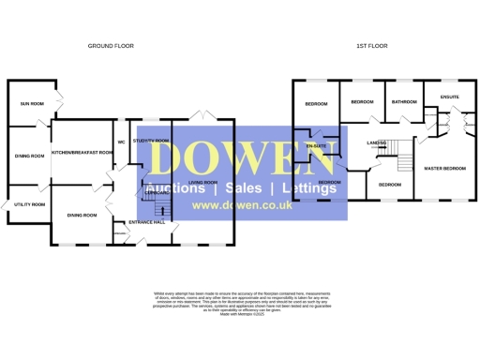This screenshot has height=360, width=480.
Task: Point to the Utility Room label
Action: coord(29,203)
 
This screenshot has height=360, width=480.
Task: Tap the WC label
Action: coord(122,142)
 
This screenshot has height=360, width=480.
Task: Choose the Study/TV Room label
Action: coord(151,141)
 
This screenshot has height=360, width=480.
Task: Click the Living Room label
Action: coord(203,182)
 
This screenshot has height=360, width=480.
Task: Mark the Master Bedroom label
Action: coord(444,169)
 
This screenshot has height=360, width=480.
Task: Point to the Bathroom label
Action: coord(404,101)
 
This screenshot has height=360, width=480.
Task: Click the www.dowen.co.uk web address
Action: coord(241,206)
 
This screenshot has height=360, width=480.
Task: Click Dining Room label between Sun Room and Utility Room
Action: coord(29,157)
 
